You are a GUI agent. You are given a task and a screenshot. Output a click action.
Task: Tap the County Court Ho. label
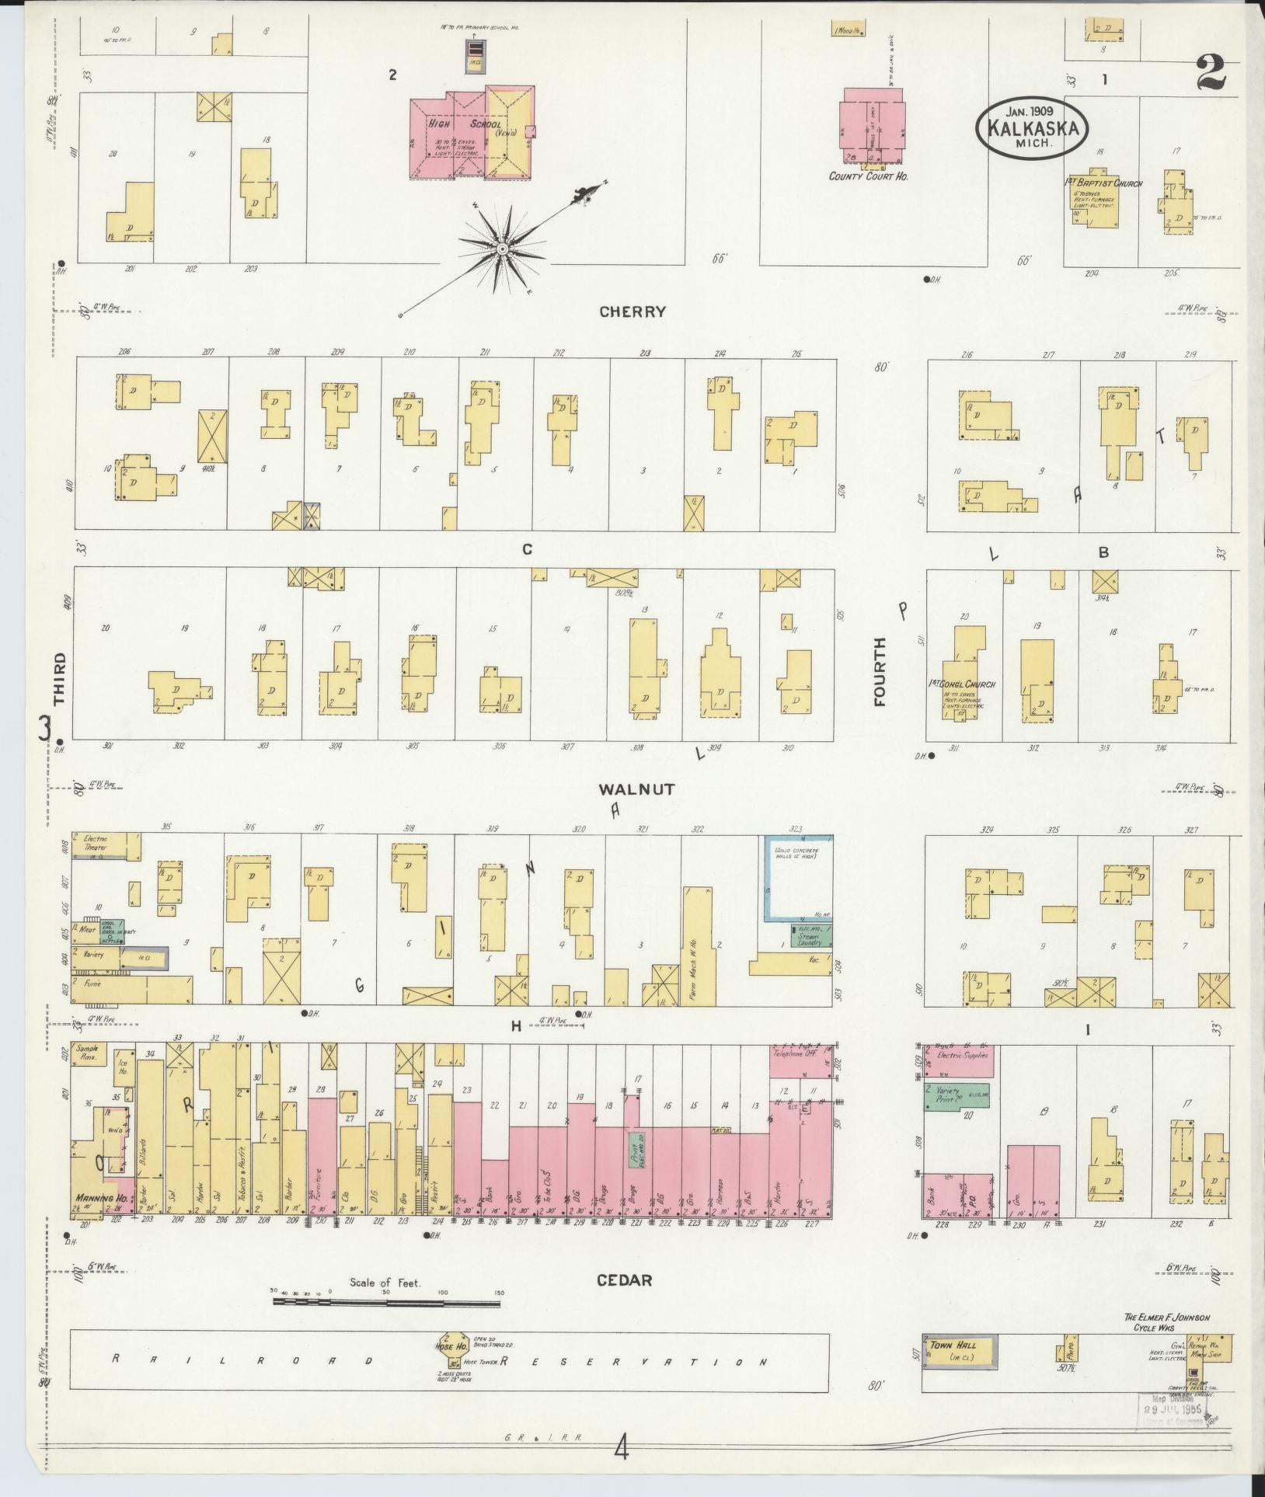(869, 176)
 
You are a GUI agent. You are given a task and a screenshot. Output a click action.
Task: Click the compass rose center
(503, 249)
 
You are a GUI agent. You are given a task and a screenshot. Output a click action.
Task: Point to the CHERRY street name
(632, 312)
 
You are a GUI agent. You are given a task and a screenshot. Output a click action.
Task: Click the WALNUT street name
(636, 789)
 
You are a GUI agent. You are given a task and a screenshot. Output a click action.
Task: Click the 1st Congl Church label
(962, 684)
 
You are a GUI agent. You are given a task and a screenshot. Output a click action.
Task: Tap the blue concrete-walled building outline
(798, 879)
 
